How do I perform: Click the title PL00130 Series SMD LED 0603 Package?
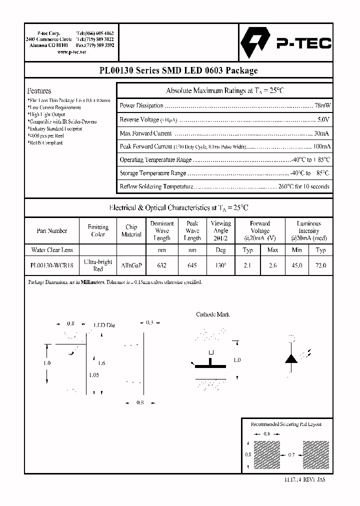coord(178,70)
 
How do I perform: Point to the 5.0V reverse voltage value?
coord(323,120)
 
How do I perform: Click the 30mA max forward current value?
coord(321,133)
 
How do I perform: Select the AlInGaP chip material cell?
coord(131,265)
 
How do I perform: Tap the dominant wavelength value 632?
coord(161,265)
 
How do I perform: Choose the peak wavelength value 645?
coord(192,265)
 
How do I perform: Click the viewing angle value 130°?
coord(220,265)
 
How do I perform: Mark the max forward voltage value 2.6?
coord(272,265)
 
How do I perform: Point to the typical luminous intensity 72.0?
coord(321,265)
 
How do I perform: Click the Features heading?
coord(39,91)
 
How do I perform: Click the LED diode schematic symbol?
coord(291,358)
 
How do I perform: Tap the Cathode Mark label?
coord(212,314)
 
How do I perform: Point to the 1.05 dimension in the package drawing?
coord(93,375)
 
